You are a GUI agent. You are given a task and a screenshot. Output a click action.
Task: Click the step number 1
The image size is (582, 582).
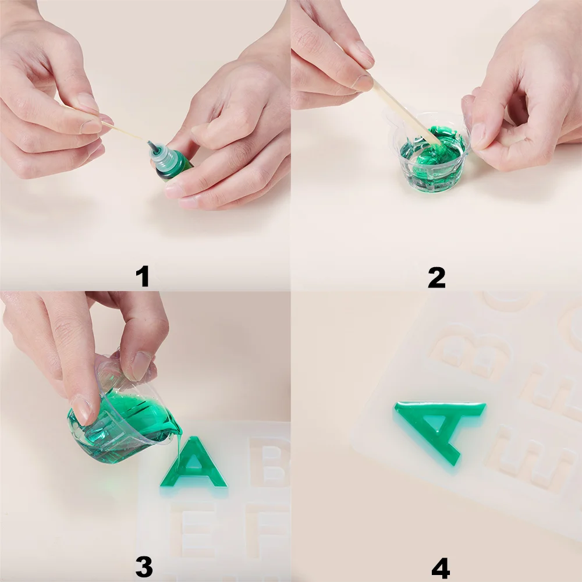[143, 276]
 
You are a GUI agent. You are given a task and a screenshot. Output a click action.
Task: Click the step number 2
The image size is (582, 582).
[436, 278]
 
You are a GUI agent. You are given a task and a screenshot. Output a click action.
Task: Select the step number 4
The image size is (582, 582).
[441, 568]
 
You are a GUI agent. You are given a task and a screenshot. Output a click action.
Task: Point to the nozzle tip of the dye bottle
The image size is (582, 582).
[149, 143]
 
